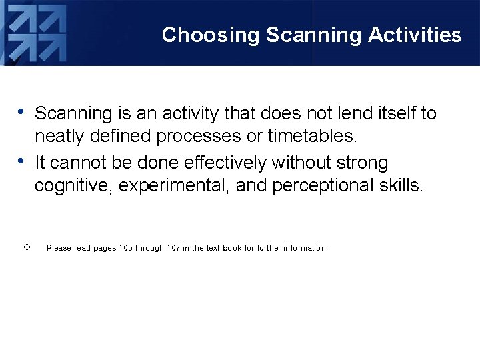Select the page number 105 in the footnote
pyautogui.click(x=125, y=248)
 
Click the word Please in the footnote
pyautogui.click(x=59, y=248)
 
